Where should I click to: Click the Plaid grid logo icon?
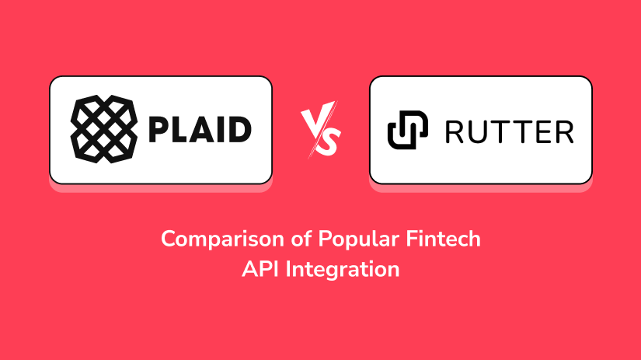(x=104, y=129)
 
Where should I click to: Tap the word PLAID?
(x=200, y=130)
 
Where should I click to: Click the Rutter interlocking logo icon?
(x=408, y=130)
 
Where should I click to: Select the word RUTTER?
(x=510, y=132)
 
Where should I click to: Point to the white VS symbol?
(x=321, y=129)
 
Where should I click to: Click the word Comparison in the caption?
(x=222, y=239)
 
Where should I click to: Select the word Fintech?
(x=443, y=239)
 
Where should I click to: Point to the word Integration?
(x=343, y=270)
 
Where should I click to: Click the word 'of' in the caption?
(x=301, y=239)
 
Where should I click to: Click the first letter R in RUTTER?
(x=455, y=132)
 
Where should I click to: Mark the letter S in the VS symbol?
(x=330, y=142)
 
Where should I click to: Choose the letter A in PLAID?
(x=200, y=130)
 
